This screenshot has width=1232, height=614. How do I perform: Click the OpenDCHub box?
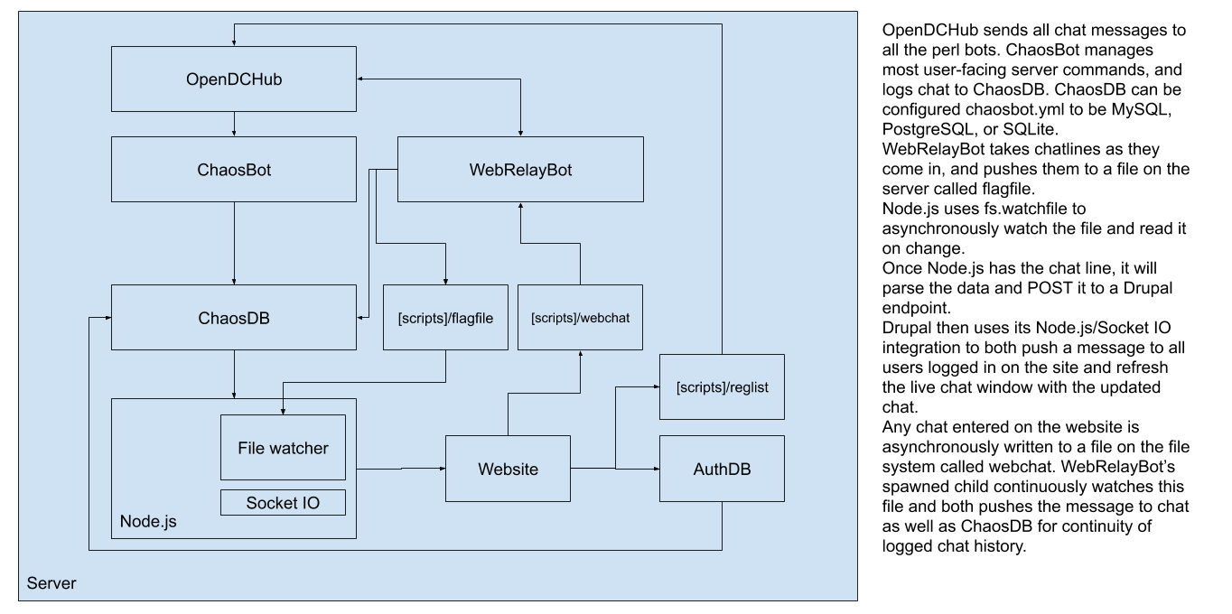pos(234,79)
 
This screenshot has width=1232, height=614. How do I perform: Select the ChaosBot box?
pos(234,169)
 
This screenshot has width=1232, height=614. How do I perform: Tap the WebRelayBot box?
pos(520,169)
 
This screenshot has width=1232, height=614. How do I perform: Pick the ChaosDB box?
pos(234,317)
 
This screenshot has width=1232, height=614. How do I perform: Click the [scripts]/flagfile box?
pos(445,317)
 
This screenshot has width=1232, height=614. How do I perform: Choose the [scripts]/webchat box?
pos(580,317)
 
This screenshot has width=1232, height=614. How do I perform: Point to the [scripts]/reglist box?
pos(721,386)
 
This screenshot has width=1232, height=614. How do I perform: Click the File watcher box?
pos(283,447)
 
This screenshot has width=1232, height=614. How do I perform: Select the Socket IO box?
pos(283,503)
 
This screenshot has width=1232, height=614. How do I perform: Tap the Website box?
pos(508,469)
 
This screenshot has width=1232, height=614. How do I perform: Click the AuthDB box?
pos(721,469)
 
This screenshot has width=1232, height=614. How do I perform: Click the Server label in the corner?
pos(51,583)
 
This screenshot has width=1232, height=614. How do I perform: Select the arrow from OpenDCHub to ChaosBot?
pos(234,124)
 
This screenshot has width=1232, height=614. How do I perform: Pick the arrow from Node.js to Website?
pos(401,469)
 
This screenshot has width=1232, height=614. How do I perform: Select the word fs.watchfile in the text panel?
pos(1003,208)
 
